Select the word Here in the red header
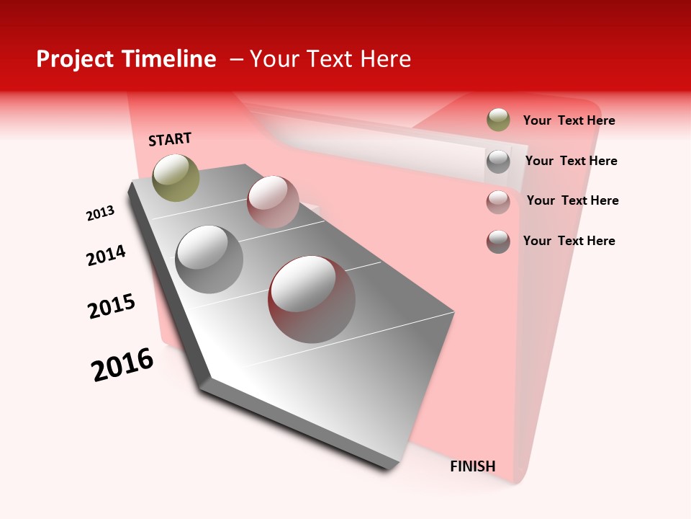[385, 59]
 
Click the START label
[170, 139]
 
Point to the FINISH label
[472, 466]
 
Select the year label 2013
[100, 213]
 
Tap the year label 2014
[106, 255]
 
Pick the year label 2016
[122, 365]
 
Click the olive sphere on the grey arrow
[176, 177]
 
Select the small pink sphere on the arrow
[273, 201]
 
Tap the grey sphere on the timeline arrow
[209, 259]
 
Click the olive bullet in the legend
[498, 120]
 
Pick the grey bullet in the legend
[498, 161]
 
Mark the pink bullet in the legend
[498, 201]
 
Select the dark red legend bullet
[498, 241]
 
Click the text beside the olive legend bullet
[569, 120]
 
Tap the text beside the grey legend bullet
[571, 161]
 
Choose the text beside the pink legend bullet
[572, 200]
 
